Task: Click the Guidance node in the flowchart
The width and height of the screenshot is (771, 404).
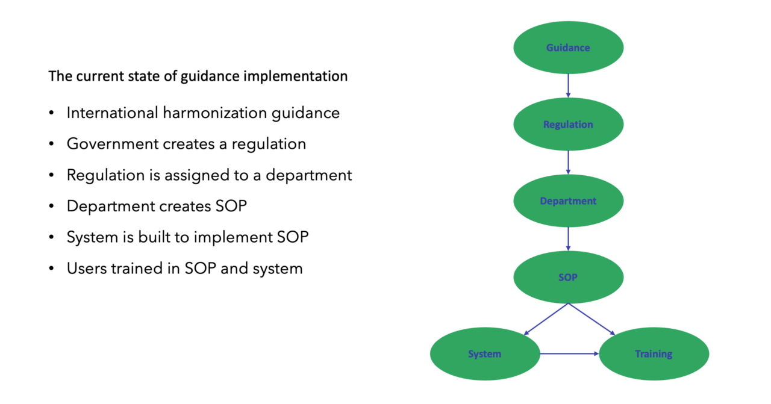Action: [568, 48]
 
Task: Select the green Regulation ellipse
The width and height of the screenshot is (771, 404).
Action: [568, 125]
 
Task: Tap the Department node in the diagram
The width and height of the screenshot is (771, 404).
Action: [568, 201]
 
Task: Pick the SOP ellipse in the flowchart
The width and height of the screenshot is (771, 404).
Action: [568, 278]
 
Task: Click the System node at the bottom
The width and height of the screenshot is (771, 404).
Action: [485, 354]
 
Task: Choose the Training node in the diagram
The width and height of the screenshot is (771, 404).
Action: [654, 354]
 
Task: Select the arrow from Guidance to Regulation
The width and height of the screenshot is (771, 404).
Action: [568, 85]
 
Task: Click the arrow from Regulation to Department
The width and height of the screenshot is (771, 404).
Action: [568, 163]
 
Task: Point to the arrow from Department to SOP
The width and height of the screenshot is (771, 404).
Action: [568, 239]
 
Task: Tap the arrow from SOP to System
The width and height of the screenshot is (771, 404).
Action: [546, 319]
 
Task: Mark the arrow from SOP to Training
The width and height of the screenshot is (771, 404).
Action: [592, 319]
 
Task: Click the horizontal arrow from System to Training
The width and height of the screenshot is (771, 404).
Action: [569, 354]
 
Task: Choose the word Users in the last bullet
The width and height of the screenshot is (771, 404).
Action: [87, 268]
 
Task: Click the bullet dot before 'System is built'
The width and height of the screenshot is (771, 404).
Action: [52, 238]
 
